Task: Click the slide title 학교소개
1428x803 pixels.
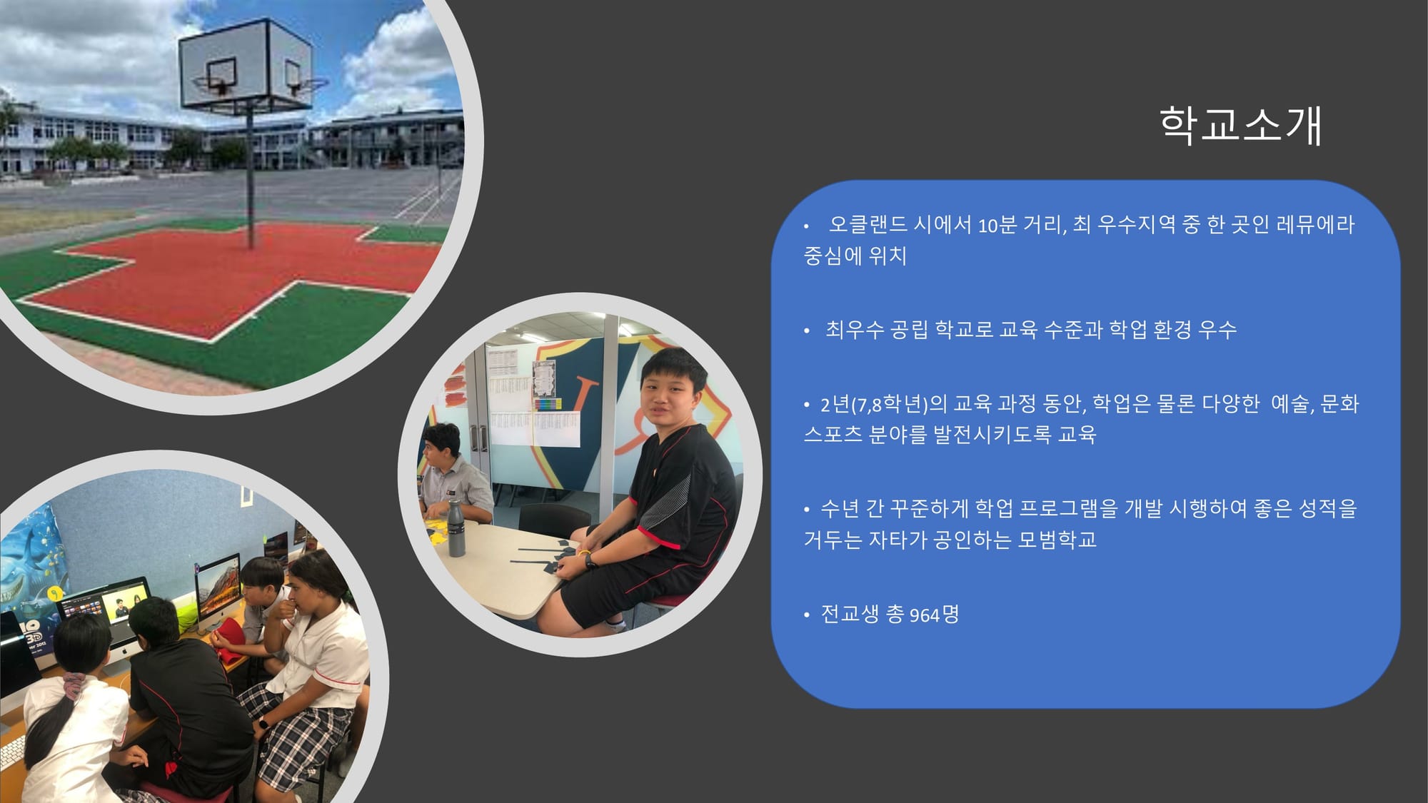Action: [1241, 126]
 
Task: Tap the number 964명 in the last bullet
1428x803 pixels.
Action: [934, 614]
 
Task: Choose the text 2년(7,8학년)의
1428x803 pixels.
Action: [884, 405]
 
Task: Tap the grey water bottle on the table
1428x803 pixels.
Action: [456, 527]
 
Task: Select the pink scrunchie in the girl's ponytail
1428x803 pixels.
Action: [72, 685]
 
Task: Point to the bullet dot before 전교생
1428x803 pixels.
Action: [807, 615]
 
